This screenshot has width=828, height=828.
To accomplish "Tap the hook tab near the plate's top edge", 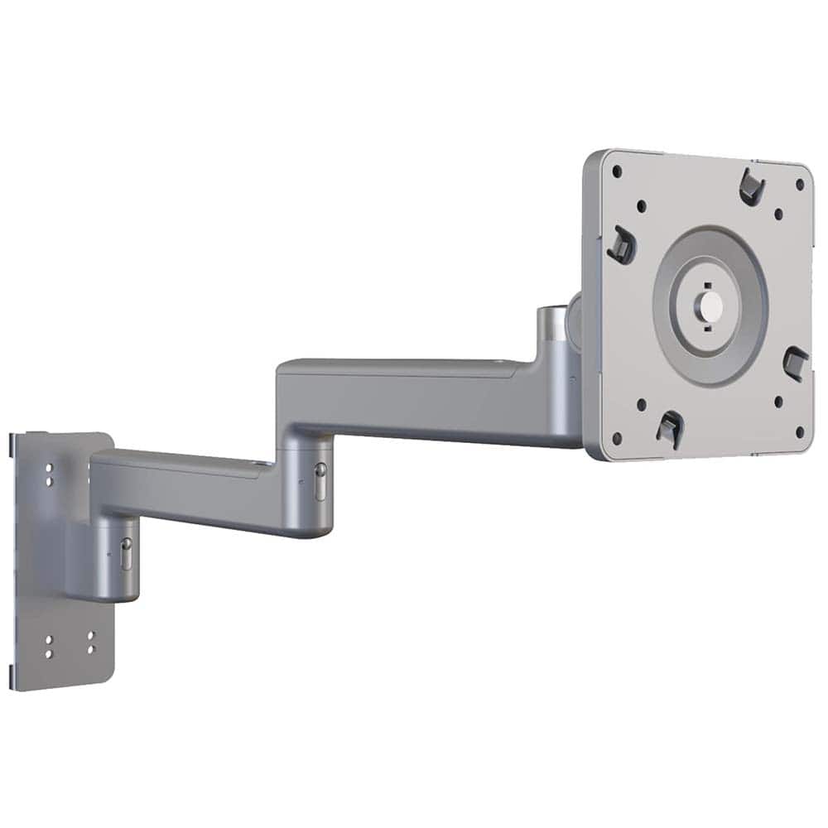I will pyautogui.click(x=751, y=187).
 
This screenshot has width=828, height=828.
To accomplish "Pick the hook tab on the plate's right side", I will pyautogui.click(x=795, y=363).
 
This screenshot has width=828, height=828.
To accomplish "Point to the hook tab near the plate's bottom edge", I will pyautogui.click(x=669, y=428).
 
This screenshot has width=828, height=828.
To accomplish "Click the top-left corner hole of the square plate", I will pyautogui.click(x=617, y=172).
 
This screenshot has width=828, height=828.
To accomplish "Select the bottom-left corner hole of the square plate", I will pyautogui.click(x=616, y=438).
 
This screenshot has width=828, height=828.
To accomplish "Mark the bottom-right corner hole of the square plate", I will pyautogui.click(x=799, y=431).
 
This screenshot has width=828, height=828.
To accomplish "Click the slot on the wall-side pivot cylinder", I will pyautogui.click(x=126, y=555).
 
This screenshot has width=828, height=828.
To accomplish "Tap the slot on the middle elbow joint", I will pyautogui.click(x=320, y=482).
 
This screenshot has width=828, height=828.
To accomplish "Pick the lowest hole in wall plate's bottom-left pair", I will pyautogui.click(x=49, y=654).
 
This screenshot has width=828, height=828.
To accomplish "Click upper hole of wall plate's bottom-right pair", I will pyautogui.click(x=90, y=636).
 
